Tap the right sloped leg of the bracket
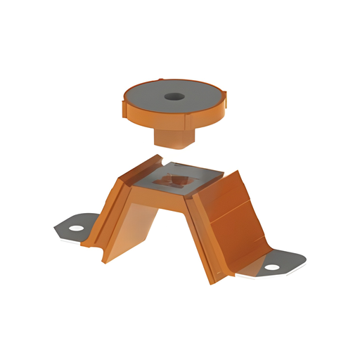tap(232, 225)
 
